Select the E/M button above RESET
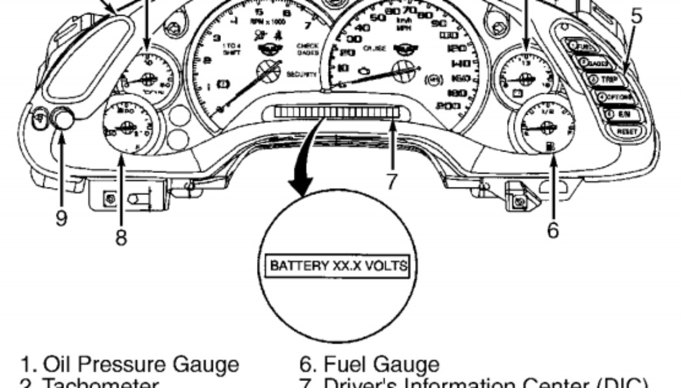(x=621, y=114)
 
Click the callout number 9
(x=61, y=218)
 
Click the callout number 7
(x=392, y=181)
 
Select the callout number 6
(x=553, y=230)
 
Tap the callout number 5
(x=637, y=16)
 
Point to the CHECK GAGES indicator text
(x=307, y=50)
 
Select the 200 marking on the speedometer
(x=449, y=106)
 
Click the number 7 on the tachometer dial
(x=308, y=25)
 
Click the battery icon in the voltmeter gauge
(x=517, y=93)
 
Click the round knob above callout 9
(x=64, y=119)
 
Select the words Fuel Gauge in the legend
(x=381, y=364)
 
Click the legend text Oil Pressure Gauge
(x=141, y=364)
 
